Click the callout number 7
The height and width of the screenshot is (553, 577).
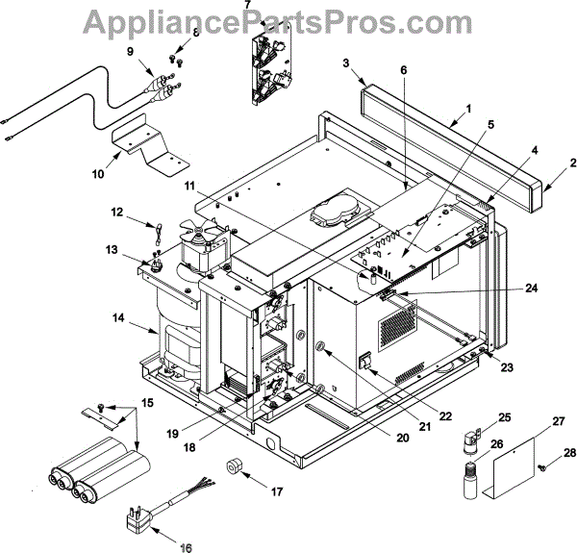(x=247, y=6)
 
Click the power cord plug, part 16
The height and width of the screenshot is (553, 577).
(x=134, y=518)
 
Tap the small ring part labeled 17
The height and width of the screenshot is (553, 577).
(x=235, y=468)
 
